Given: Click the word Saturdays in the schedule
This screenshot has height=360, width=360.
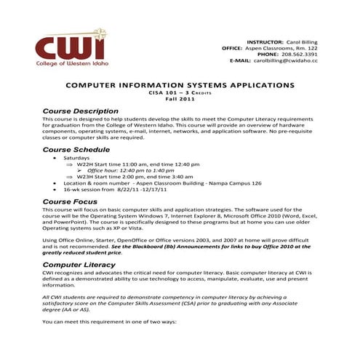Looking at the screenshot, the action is pyautogui.click(x=76, y=158).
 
